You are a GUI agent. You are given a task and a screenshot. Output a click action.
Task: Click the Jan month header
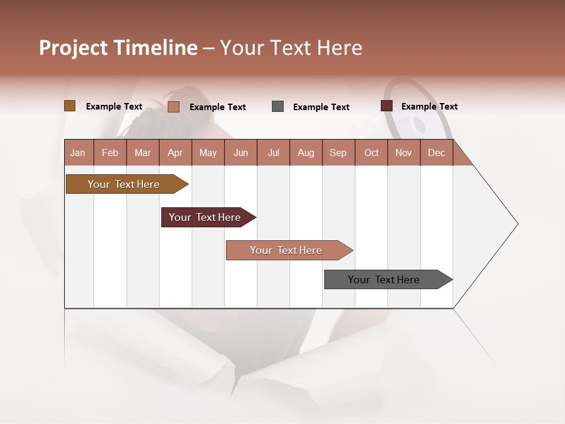(78, 153)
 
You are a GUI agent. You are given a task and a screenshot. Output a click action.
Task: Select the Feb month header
(110, 153)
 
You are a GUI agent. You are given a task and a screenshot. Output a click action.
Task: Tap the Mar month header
(142, 153)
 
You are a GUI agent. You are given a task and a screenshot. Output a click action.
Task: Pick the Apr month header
(175, 153)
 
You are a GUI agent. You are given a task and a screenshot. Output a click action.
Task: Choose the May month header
(208, 153)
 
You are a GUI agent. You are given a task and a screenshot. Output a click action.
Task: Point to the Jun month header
(241, 153)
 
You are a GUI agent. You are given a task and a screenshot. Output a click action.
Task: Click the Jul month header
(273, 153)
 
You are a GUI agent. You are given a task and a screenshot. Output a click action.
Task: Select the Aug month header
(306, 153)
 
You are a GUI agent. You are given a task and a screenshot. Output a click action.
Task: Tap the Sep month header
(338, 153)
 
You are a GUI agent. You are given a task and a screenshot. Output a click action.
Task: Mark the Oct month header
(371, 153)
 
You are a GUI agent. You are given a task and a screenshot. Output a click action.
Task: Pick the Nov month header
(404, 153)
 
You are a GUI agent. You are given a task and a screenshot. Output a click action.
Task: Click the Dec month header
(437, 153)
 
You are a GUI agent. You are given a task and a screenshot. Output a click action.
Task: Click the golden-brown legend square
(69, 106)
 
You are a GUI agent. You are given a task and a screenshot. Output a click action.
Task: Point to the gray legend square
(278, 106)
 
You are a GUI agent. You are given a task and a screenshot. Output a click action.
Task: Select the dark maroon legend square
(387, 106)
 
